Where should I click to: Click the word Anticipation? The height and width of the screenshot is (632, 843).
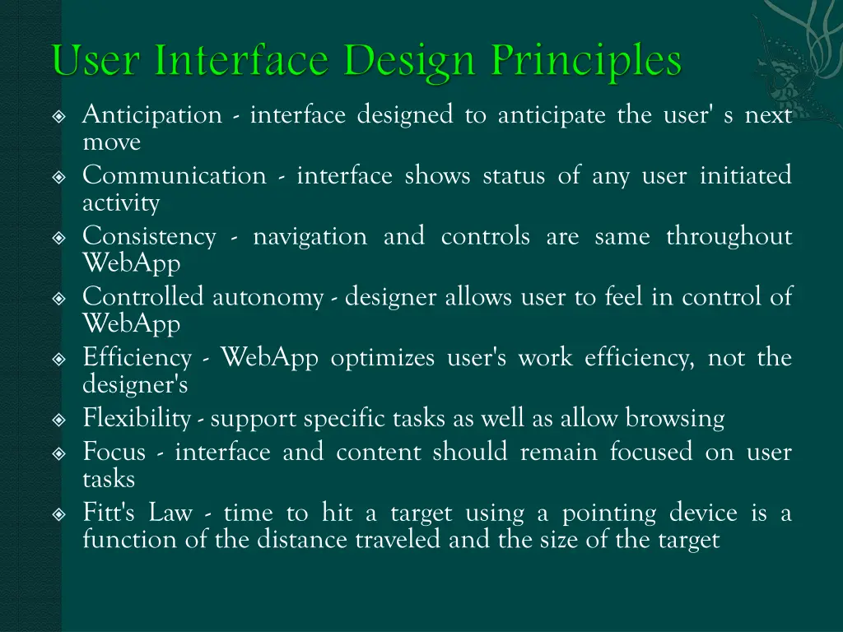(152, 115)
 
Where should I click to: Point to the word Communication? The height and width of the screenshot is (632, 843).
(175, 176)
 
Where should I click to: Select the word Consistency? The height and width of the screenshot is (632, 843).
(149, 237)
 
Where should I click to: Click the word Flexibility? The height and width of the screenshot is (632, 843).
(137, 419)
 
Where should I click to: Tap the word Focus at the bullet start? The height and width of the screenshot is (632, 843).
(114, 453)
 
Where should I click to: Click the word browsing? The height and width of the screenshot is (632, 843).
(675, 419)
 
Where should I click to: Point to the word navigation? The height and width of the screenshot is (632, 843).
(310, 237)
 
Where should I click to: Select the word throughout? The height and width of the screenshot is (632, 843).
(729, 237)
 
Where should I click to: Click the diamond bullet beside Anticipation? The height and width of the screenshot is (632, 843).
(58, 117)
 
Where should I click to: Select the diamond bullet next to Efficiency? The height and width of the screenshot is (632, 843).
(58, 360)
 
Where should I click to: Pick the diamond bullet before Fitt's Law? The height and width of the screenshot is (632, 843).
(58, 515)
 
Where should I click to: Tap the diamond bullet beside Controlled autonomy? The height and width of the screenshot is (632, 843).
(58, 299)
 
